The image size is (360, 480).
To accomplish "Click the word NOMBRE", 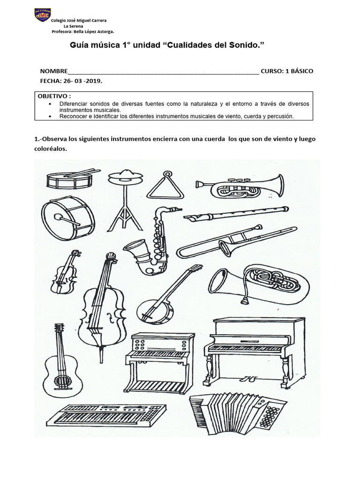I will pos(54,71).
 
